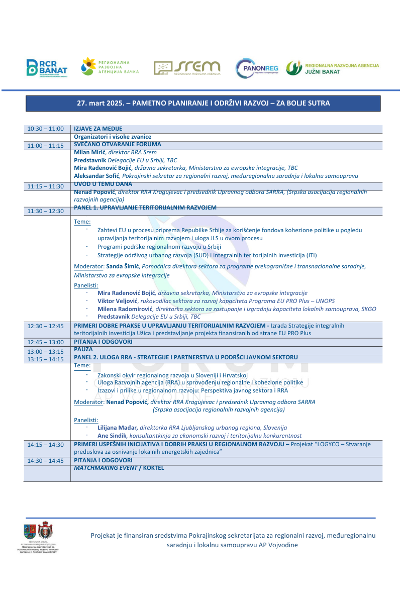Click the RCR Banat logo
(x=47, y=68)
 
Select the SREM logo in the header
(x=187, y=68)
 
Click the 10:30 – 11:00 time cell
(x=46, y=129)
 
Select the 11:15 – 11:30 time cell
(x=46, y=186)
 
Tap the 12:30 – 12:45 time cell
(x=46, y=326)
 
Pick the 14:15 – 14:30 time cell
(x=46, y=445)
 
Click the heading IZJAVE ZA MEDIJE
(x=98, y=129)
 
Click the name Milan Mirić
(x=90, y=152)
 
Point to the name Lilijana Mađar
(x=118, y=428)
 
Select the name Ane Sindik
(x=112, y=436)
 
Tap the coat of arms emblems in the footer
(x=38, y=531)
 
